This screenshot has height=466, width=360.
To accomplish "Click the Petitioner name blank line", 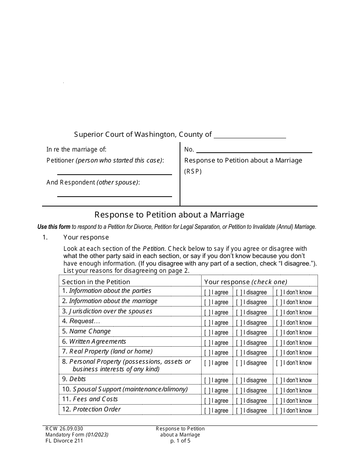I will point(114,172).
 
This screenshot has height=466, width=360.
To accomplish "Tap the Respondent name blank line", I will point(114,194).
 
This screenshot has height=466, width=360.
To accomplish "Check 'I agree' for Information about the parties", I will point(207,292).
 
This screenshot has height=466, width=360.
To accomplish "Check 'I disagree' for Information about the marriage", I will point(239,302).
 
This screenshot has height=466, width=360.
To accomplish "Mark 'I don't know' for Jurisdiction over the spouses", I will point(279,313).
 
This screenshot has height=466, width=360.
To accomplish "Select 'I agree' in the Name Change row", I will point(207,333).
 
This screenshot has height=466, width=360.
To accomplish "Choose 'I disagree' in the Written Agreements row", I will point(239,343).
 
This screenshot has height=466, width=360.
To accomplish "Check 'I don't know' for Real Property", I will point(279,353).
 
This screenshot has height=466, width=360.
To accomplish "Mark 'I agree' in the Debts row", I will point(207,380).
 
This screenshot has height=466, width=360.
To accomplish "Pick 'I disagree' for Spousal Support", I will point(239,391).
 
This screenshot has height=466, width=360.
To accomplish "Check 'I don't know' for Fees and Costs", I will point(279,401).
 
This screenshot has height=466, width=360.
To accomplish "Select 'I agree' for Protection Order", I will point(207,411).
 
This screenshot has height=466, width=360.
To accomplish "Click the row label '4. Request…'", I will point(81,321).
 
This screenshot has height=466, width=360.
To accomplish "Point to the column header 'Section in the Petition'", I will point(96,282).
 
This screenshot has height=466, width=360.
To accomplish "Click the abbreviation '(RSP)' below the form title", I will point(193,171).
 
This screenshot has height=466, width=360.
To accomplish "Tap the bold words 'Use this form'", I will point(54,227).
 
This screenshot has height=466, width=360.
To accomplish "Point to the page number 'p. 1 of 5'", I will point(180,441).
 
